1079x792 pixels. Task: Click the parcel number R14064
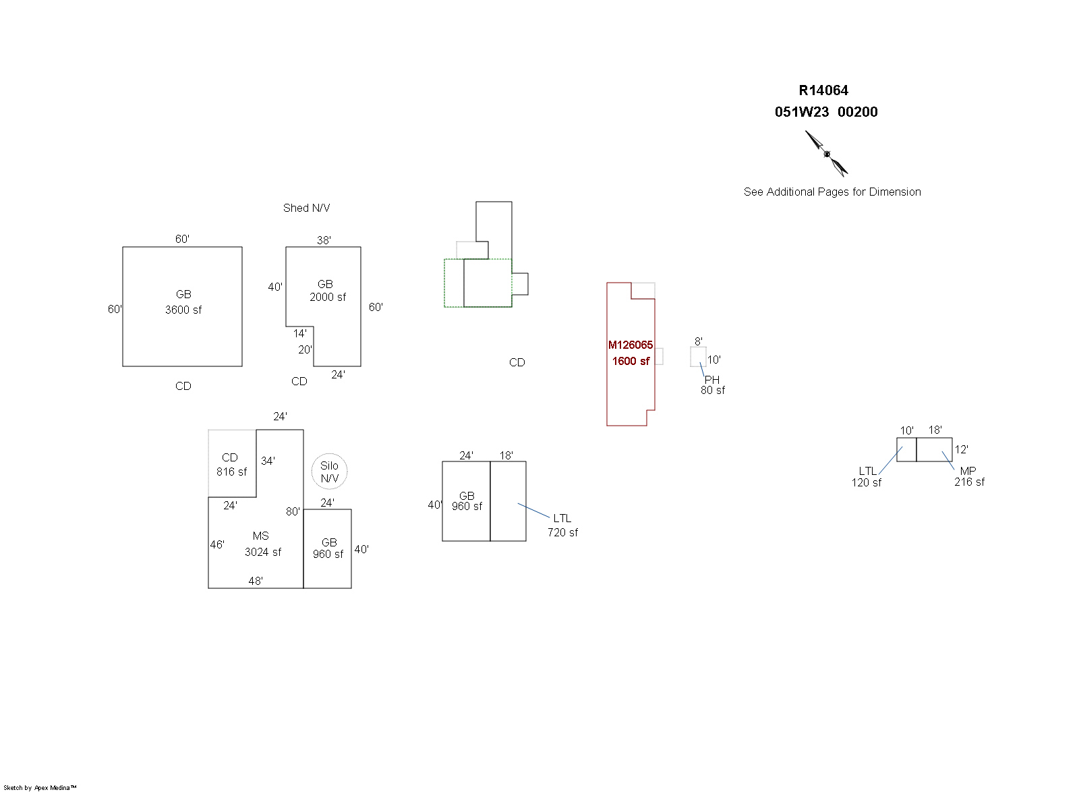coord(823,90)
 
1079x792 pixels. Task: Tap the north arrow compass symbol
coord(827,154)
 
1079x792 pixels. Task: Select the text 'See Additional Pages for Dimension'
coord(832,192)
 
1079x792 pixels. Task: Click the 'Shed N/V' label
coord(307,208)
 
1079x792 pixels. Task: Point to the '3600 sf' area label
coord(183,310)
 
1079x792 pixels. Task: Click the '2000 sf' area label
coord(328,297)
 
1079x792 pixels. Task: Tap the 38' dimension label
coord(324,240)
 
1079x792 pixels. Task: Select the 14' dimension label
coord(300,333)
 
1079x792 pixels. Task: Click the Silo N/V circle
coord(329,472)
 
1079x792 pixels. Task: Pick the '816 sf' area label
coord(231,472)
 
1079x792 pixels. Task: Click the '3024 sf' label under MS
coord(263,552)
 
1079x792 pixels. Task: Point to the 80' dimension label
coord(293,511)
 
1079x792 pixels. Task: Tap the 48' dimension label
coord(256,581)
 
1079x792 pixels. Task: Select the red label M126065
coord(631,345)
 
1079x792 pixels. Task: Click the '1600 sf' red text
coord(631,361)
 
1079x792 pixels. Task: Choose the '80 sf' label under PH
coord(713,390)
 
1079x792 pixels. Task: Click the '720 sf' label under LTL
coord(562,532)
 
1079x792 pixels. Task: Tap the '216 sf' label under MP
coord(969,482)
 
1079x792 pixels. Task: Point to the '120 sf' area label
coord(867,482)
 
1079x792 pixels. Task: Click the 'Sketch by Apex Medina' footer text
coord(40,787)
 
